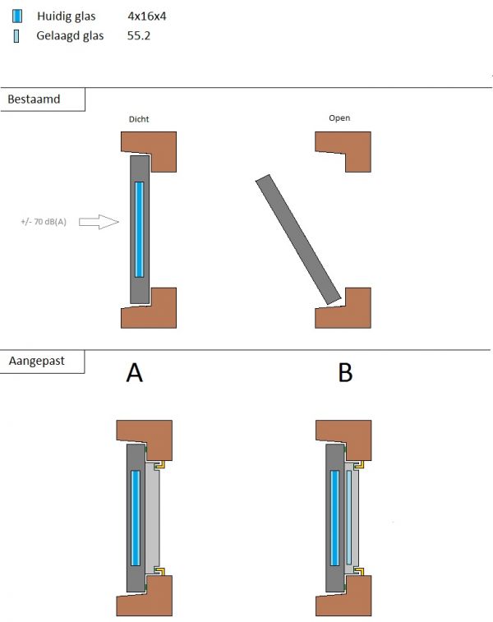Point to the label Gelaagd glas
click(70, 36)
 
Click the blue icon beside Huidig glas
click(17, 16)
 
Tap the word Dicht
click(139, 119)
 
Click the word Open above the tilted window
click(339, 118)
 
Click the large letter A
click(135, 374)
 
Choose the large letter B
click(345, 374)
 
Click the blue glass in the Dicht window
click(138, 228)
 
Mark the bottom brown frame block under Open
click(345, 309)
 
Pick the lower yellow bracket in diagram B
click(362, 572)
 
